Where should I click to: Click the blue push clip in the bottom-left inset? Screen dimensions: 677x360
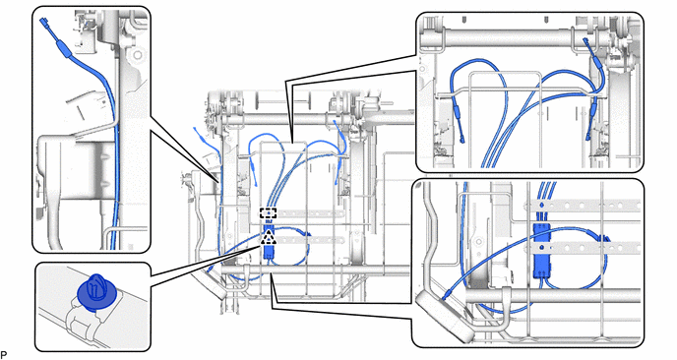[x=95, y=293]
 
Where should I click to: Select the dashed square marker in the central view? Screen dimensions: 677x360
[x=268, y=213]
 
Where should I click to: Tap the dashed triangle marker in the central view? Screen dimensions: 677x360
[x=269, y=237]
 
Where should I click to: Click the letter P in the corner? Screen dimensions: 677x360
[x=4, y=355]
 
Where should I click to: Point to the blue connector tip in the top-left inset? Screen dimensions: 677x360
[x=43, y=21]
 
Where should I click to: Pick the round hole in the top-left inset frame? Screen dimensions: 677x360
[x=138, y=55]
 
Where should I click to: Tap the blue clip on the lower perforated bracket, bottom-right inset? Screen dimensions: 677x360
[x=540, y=247]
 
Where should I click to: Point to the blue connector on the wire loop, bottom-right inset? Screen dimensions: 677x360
[x=603, y=237]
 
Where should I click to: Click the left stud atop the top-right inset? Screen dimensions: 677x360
[x=463, y=20]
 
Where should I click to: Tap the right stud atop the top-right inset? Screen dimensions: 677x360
[x=546, y=20]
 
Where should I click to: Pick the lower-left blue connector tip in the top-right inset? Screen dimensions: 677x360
[x=462, y=139]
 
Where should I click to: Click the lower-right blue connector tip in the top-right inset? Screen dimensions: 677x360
[x=587, y=138]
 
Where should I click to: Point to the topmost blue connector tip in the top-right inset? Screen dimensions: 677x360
[x=585, y=41]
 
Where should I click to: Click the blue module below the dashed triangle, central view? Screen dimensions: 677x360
[x=269, y=252]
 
